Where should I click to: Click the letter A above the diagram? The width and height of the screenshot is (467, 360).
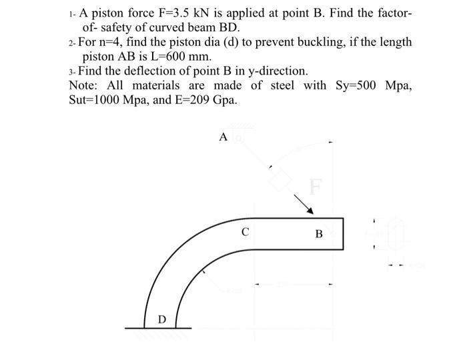pos(223,137)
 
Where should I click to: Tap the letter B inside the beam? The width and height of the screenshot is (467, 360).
pos(318,234)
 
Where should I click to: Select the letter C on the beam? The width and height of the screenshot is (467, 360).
pos(246,233)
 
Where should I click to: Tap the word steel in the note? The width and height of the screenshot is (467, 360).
pos(279,85)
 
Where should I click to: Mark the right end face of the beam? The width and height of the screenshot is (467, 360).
pos(343,233)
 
